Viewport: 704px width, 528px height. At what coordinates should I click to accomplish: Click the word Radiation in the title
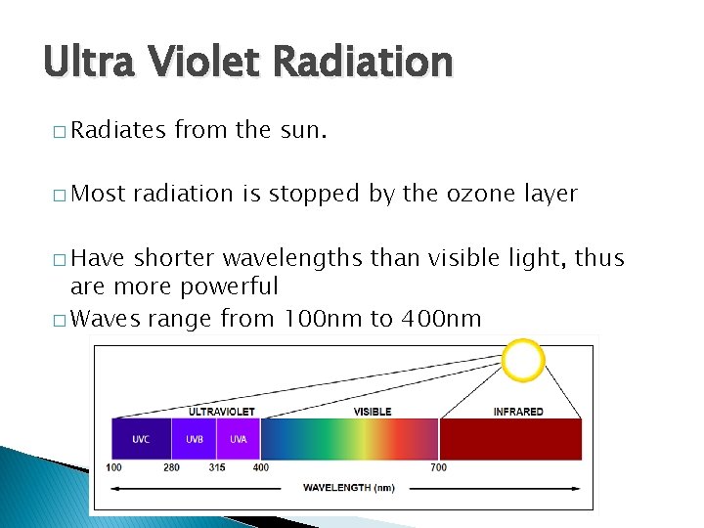click(x=363, y=62)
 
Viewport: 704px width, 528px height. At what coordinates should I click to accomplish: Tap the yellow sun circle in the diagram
click(x=523, y=361)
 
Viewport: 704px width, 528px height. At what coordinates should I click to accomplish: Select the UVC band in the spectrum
click(x=141, y=439)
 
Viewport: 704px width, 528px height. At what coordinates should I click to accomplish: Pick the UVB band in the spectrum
click(x=194, y=439)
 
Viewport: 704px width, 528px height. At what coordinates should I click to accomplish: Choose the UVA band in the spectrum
click(x=238, y=439)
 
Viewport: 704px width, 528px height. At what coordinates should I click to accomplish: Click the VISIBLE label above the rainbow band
click(x=373, y=412)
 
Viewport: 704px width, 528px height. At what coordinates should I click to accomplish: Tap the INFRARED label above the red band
click(x=517, y=412)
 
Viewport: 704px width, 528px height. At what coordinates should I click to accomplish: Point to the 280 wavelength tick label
click(x=172, y=467)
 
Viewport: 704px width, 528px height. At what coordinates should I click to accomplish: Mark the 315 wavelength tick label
click(x=216, y=467)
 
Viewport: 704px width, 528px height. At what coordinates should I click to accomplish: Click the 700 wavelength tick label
click(x=439, y=467)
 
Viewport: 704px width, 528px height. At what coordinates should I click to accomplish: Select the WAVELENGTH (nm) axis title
click(x=348, y=487)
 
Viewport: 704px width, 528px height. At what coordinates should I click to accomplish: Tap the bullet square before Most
click(x=60, y=196)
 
